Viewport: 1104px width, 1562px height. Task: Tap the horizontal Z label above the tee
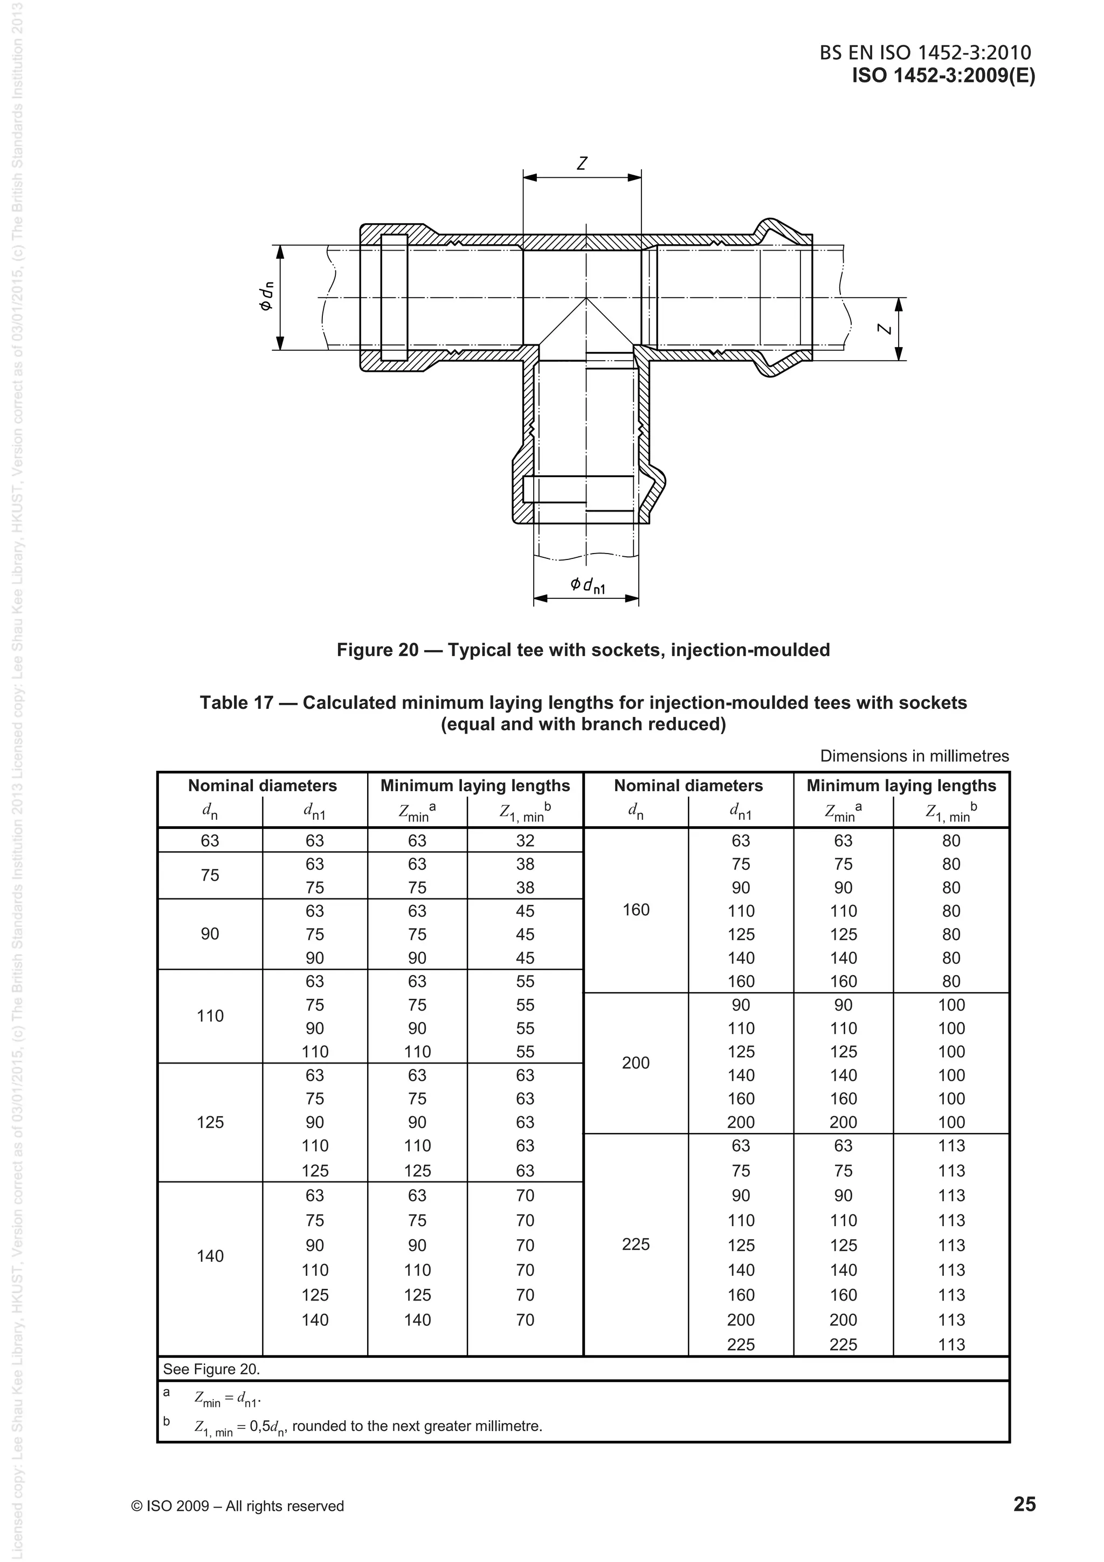point(582,164)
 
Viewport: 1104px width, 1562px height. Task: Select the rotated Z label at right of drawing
point(884,329)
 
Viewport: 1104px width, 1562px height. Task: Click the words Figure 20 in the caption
point(377,649)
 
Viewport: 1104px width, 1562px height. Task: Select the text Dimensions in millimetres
point(914,756)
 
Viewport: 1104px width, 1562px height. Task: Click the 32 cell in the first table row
point(525,841)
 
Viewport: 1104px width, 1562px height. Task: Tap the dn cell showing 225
point(636,1245)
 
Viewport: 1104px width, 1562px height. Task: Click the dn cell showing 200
point(636,1063)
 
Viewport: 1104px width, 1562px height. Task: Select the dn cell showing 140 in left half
point(210,1256)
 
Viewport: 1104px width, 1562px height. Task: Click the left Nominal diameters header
point(262,786)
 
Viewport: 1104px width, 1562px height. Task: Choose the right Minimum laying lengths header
point(901,786)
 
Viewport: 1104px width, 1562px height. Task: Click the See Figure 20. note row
point(211,1370)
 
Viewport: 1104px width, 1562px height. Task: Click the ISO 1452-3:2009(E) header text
point(943,76)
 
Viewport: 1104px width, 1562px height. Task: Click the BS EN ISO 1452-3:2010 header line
point(925,53)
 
